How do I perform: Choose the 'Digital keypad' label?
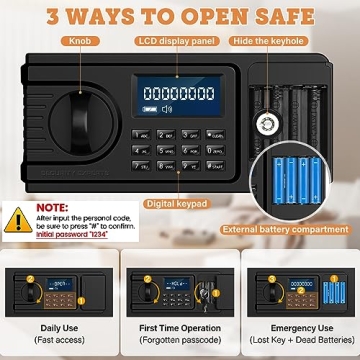[x=175, y=203]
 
